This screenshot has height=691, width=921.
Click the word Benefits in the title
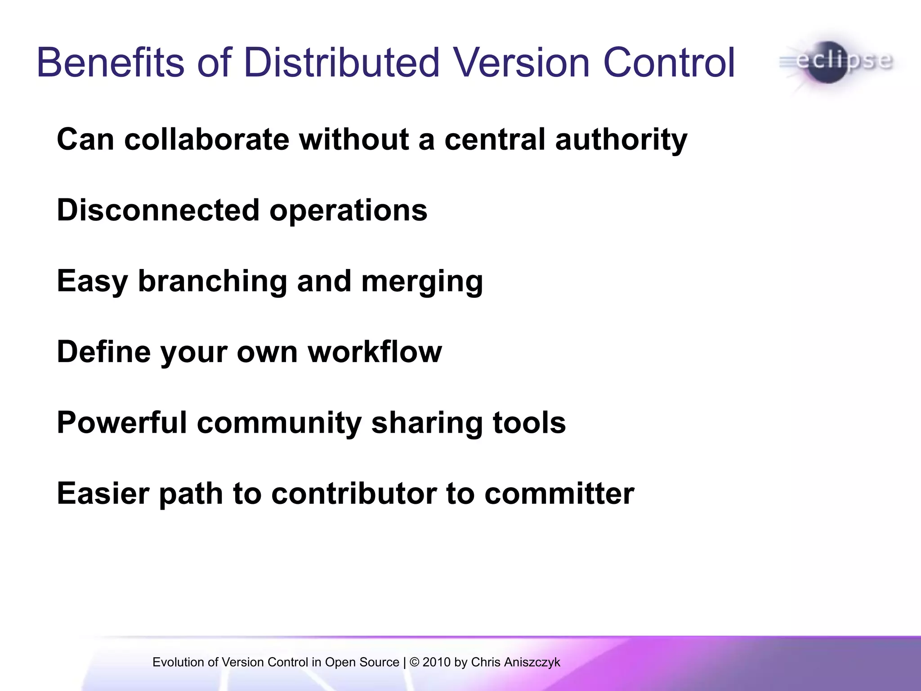(111, 63)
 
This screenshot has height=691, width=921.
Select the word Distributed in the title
(341, 63)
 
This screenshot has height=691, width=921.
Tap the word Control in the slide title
(669, 63)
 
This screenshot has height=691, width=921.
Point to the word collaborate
(206, 139)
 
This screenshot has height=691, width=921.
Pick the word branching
(212, 282)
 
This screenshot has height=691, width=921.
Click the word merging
(422, 282)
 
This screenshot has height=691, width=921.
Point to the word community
(279, 424)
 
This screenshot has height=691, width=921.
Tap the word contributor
(354, 494)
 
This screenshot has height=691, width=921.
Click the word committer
(559, 494)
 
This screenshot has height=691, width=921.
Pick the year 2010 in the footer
(436, 662)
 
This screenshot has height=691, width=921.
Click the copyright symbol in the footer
(414, 662)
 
